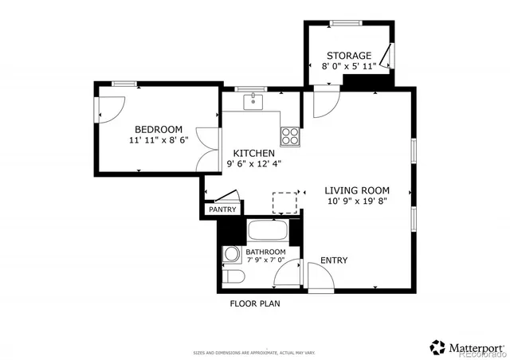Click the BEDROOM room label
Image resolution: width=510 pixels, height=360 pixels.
(x=158, y=129)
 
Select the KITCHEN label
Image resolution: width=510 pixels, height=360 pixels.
(x=253, y=153)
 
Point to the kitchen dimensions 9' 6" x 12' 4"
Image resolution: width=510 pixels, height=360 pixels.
(x=253, y=164)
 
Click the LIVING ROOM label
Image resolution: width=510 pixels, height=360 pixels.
(x=356, y=190)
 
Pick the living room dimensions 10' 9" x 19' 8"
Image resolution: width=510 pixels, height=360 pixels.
(x=356, y=202)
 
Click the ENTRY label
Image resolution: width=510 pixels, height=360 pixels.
(x=333, y=260)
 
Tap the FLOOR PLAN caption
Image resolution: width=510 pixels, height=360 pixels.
(x=255, y=303)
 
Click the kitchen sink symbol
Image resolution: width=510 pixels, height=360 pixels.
(x=253, y=101)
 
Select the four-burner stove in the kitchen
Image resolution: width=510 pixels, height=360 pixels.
(x=291, y=135)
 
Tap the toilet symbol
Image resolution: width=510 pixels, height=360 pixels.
(x=232, y=276)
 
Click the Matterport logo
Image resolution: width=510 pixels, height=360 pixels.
(x=466, y=347)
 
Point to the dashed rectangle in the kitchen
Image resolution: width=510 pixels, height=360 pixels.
(x=284, y=203)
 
